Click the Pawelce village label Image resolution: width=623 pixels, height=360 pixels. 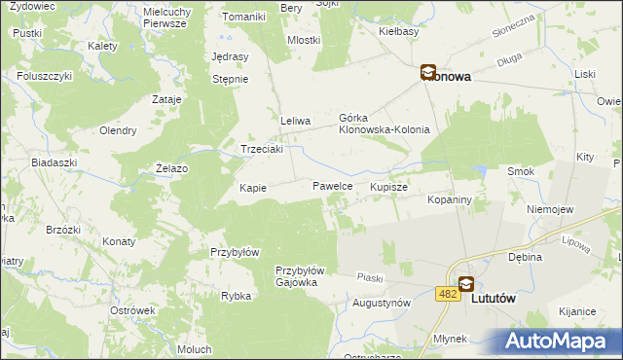click(332, 185)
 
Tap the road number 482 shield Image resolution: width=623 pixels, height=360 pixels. click(448, 294)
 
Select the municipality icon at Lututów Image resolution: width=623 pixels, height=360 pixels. click(466, 283)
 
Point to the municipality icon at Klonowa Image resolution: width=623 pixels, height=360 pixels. click(427, 71)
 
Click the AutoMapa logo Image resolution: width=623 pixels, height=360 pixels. click(558, 341)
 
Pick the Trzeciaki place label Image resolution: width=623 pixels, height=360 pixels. click(262, 150)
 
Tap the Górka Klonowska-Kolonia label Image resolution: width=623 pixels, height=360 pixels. click(384, 123)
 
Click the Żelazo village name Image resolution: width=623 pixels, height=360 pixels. click(172, 168)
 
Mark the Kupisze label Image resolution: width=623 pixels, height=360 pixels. click(388, 185)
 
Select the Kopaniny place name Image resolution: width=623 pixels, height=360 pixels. click(450, 198)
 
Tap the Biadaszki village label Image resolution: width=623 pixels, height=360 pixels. click(54, 162)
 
